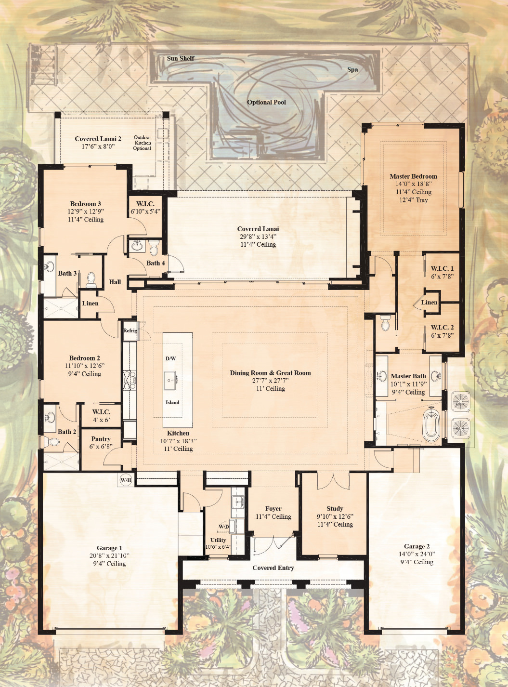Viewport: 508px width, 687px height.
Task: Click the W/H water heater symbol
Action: [x=126, y=480]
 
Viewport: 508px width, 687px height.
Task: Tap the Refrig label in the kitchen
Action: [x=130, y=330]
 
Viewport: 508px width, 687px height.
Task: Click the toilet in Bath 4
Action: [x=154, y=247]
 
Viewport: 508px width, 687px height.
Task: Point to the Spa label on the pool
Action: [x=352, y=70]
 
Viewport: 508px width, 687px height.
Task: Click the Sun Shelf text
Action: [x=181, y=58]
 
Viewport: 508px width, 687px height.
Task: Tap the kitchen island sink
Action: [x=170, y=381]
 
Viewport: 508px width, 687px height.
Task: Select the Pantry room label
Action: [x=101, y=439]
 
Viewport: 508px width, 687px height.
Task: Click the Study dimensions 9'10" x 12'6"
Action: [x=335, y=516]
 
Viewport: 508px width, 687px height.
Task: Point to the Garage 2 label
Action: [x=417, y=547]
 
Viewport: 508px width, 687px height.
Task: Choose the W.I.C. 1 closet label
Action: [x=443, y=268]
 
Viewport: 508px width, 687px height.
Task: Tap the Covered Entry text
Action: [x=274, y=568]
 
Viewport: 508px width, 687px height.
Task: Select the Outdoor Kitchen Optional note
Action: [x=143, y=143]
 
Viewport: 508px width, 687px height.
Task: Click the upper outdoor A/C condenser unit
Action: [x=461, y=402]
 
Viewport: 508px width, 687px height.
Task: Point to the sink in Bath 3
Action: [x=50, y=266]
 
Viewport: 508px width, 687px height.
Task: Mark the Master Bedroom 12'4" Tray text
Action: [x=414, y=200]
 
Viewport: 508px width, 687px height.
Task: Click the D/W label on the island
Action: [x=170, y=358]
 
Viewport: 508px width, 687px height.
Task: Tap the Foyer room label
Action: [x=274, y=509]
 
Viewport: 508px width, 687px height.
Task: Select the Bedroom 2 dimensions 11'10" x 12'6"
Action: [x=85, y=366]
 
